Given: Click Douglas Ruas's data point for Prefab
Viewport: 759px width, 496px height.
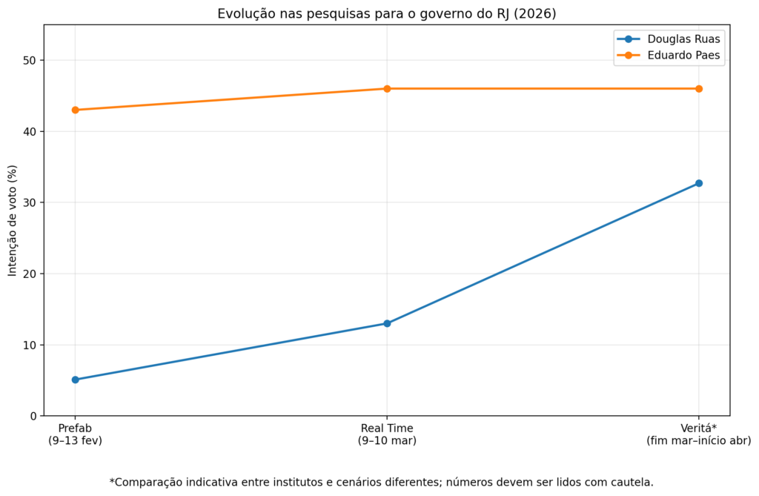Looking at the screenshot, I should coord(75,380).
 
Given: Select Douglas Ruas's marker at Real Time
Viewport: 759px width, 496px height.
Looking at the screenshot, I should coord(387,323).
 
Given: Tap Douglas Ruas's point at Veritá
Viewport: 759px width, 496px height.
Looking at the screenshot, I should coord(698,183).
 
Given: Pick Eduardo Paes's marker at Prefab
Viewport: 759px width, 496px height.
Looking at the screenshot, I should coord(75,110).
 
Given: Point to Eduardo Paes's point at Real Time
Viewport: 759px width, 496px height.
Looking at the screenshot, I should coord(387,89).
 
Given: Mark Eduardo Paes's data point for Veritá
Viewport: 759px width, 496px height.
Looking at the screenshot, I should coord(698,89).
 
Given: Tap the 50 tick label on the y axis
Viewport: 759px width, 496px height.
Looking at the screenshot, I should coord(29,61).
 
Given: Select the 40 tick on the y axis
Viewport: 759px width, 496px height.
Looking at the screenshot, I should coord(29,132).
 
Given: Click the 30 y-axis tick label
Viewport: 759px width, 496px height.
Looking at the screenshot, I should coord(29,203).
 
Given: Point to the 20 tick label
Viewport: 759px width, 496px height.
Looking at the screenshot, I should coord(29,274).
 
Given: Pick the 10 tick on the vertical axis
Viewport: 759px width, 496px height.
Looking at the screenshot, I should coord(29,345).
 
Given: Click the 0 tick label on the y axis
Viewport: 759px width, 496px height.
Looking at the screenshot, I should coord(32,416).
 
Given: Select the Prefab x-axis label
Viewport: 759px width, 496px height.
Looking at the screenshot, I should coord(75,434).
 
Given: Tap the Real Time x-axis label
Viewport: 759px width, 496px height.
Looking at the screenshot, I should coord(387,434).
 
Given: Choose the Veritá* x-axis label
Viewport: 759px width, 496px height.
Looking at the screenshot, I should coord(698,434).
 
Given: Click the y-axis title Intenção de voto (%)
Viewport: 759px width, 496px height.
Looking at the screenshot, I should coord(13,220).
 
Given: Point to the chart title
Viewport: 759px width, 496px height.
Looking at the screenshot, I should coord(386,14).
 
